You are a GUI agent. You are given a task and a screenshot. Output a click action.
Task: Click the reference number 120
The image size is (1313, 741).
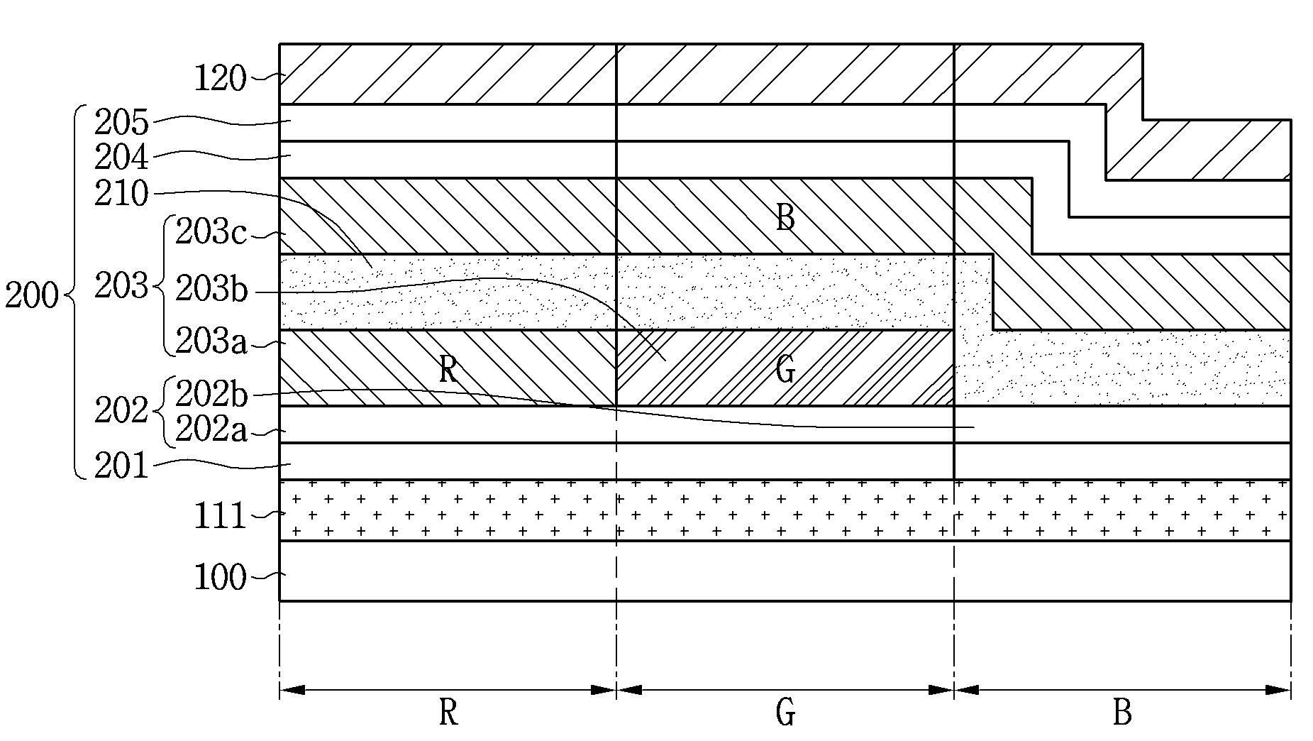click(220, 78)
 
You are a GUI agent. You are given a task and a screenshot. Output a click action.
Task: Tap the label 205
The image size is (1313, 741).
click(122, 123)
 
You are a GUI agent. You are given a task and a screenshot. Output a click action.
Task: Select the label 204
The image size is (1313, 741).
click(122, 158)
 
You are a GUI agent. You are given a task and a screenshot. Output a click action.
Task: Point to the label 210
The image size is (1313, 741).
click(122, 193)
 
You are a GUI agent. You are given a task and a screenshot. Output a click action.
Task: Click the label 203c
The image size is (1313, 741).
click(211, 232)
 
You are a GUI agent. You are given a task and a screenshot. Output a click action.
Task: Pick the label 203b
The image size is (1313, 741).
click(211, 289)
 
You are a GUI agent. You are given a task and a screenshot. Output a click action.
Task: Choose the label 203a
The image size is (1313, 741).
click(211, 342)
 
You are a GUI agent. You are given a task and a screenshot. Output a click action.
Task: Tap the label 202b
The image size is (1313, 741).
click(211, 394)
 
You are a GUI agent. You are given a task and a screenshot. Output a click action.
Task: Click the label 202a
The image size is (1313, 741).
click(211, 430)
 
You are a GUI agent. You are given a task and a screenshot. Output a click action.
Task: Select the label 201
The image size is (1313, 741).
click(122, 467)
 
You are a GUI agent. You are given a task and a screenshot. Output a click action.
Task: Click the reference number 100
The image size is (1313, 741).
click(220, 578)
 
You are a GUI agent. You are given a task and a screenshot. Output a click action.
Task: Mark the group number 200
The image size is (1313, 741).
click(31, 295)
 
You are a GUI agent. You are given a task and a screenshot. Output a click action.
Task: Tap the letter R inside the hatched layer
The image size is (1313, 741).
click(448, 370)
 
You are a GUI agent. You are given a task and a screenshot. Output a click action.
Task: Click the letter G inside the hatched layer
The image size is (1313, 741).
click(785, 370)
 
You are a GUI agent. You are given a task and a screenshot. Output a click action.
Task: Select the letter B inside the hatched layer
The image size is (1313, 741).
click(785, 217)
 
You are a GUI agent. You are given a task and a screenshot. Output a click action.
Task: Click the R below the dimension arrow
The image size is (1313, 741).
click(448, 712)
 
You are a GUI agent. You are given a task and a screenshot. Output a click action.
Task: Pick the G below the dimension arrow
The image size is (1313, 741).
click(785, 712)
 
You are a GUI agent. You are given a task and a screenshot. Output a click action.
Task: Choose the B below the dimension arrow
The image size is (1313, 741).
click(1122, 712)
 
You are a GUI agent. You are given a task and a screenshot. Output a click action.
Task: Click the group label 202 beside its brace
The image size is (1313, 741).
click(122, 411)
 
